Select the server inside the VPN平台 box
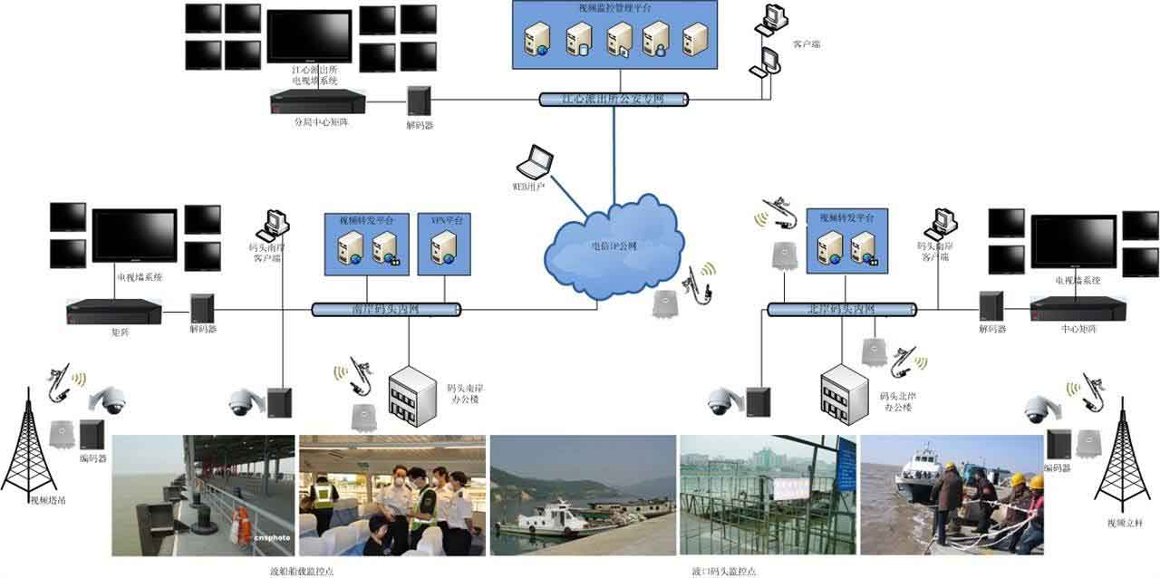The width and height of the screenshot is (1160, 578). click(444, 248)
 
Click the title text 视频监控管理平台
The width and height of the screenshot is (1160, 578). click(613, 8)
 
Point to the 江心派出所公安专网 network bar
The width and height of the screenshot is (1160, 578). click(614, 99)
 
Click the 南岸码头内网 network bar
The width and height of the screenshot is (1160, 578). click(386, 309)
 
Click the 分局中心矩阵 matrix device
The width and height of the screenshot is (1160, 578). click(317, 101)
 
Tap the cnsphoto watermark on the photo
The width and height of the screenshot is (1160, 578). click(272, 536)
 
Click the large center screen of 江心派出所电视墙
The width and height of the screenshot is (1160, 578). click(309, 35)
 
